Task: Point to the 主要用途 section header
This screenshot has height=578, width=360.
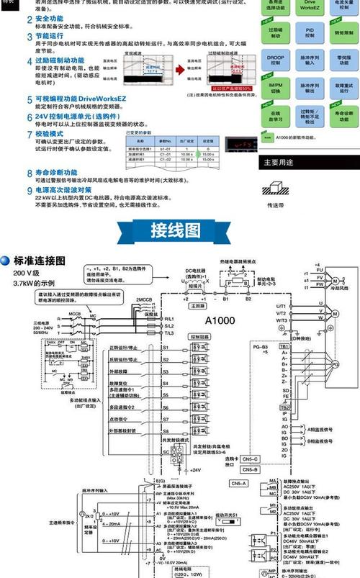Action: click(280, 162)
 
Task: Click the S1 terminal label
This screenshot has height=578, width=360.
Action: click(165, 348)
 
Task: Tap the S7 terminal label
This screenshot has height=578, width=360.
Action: click(165, 417)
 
